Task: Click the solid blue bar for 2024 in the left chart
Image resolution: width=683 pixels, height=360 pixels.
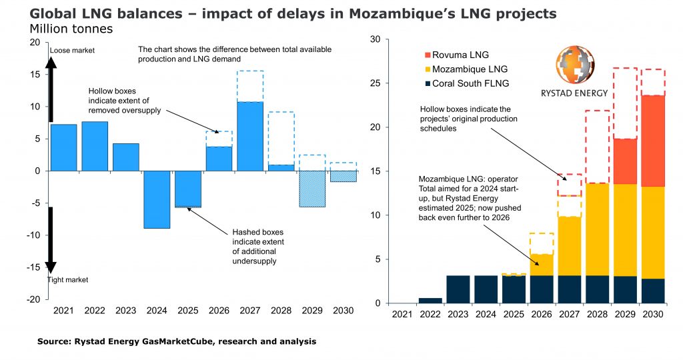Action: [157, 199]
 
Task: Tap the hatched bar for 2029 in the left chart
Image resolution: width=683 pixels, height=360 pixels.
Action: [312, 189]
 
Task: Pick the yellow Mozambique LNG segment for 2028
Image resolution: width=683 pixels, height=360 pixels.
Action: [596, 229]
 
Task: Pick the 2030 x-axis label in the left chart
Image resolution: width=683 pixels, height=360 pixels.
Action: [343, 310]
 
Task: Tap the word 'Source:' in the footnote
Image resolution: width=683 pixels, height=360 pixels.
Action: [55, 341]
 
